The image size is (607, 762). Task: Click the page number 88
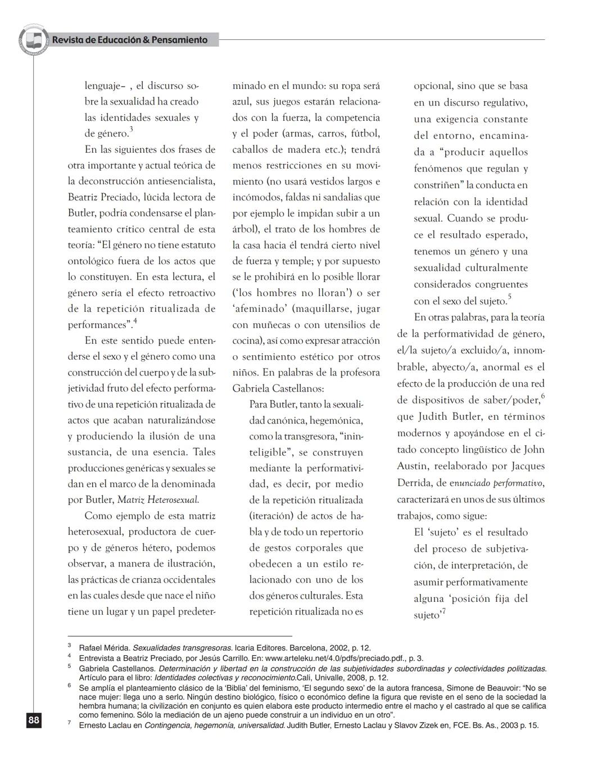coord(34,720)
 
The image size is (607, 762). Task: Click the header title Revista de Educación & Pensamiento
coord(130,40)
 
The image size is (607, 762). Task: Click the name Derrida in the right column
coord(413,483)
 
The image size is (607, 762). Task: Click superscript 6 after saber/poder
coord(543,396)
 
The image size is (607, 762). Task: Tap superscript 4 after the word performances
coord(135,321)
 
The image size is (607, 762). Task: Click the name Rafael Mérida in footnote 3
coord(105,648)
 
